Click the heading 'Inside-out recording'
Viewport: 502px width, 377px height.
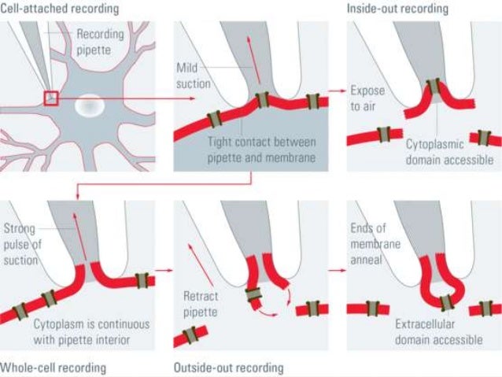tap(397, 9)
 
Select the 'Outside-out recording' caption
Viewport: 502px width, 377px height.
tap(228, 368)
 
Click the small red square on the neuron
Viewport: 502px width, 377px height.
tap(52, 98)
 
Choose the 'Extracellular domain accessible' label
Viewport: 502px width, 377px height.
tap(441, 334)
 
